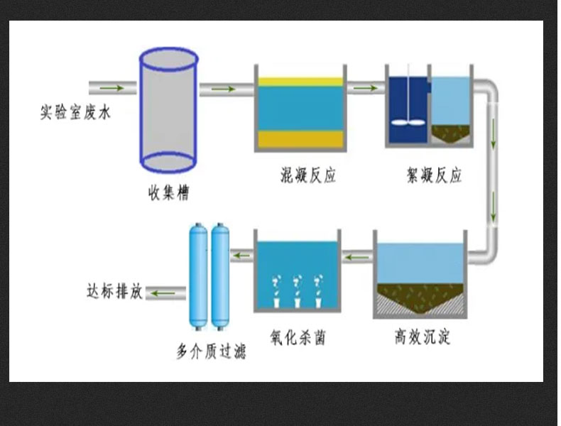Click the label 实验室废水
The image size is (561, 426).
tap(75, 112)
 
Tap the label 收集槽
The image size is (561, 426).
tap(168, 192)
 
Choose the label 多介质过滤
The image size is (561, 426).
tap(211, 351)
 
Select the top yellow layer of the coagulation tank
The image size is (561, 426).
tap(300, 82)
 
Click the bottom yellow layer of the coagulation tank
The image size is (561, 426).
tap(300, 139)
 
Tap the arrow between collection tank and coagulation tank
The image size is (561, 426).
tap(223, 89)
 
